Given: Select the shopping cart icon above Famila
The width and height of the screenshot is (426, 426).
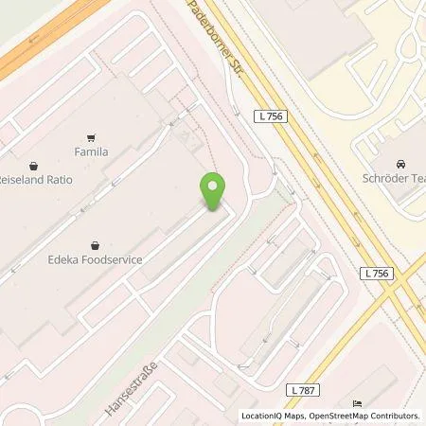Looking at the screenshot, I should click(92, 136).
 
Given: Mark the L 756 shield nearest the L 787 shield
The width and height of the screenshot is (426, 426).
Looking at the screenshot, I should click(378, 273).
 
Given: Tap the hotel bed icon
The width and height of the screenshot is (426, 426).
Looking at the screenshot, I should click(357, 402).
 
